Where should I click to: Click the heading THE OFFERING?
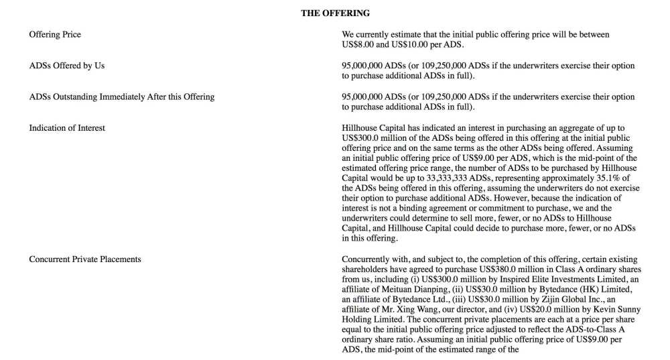(x=335, y=13)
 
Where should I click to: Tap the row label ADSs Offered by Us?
(x=67, y=66)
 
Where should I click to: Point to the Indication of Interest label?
(x=67, y=128)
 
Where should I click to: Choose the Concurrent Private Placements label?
(x=85, y=259)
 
